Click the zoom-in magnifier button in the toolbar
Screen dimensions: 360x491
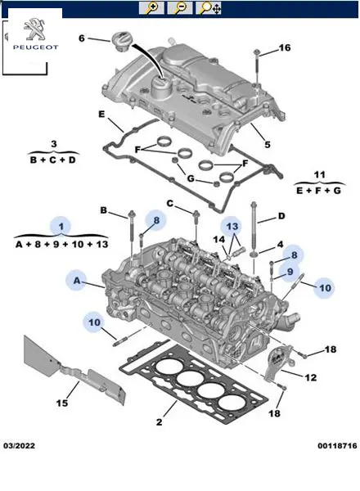coord(151,8)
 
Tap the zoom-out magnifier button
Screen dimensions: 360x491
coord(180,8)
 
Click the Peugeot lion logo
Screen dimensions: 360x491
coord(35,29)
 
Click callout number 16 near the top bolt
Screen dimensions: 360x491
coord(285,47)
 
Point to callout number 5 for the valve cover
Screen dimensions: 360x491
coord(268,144)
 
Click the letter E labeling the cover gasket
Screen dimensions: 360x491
coord(101,114)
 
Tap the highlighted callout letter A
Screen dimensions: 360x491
coord(77,280)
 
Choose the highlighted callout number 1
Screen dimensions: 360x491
coord(61,226)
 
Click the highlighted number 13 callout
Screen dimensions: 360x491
coord(232,226)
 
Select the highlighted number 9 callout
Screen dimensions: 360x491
coord(290,271)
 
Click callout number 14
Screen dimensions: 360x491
coord(219,240)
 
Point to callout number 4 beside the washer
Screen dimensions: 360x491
coord(280,244)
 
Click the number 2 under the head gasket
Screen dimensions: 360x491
coord(160,421)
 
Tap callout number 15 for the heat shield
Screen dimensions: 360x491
coord(62,403)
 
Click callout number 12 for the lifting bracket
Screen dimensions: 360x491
coord(311,377)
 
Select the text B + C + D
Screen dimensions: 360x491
coord(53,160)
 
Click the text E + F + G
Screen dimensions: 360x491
coord(318,190)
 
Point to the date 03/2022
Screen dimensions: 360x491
coord(19,446)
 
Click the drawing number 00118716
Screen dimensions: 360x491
coord(337,446)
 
